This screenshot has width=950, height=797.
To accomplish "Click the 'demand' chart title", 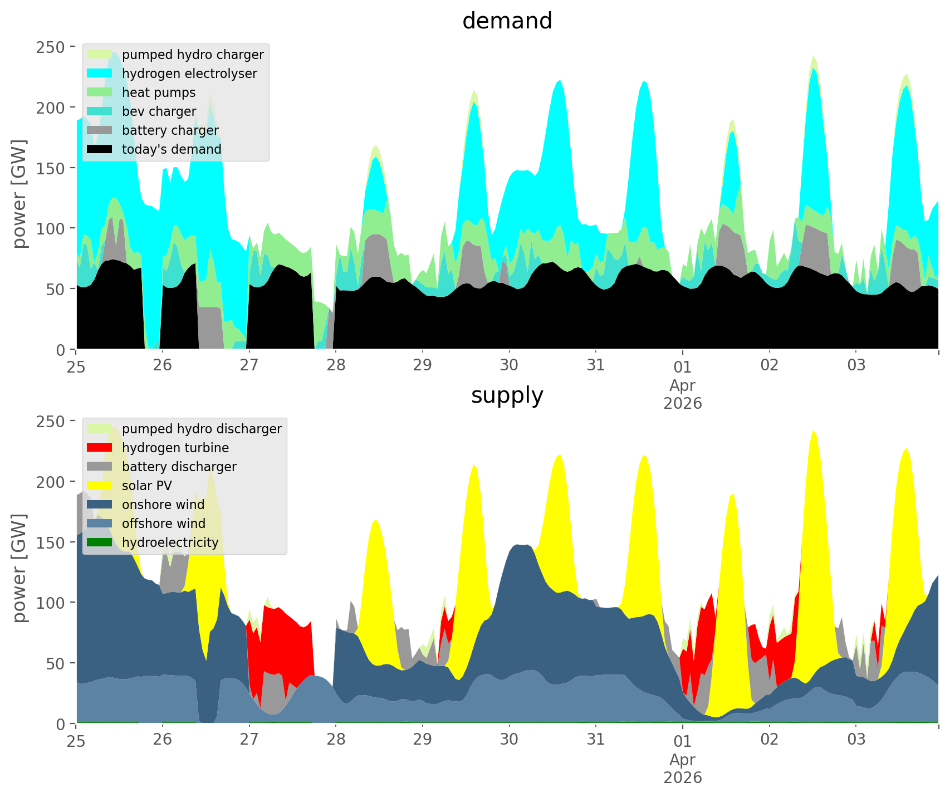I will (x=507, y=21).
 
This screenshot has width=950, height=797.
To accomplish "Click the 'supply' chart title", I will (x=507, y=395).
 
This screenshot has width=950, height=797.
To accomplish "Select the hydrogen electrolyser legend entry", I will (x=189, y=74).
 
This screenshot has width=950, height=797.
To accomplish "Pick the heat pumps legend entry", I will (x=159, y=92).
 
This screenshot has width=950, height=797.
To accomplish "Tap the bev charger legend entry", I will (x=159, y=111).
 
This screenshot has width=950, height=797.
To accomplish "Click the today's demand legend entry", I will (x=172, y=149).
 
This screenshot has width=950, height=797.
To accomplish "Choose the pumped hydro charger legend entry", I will (x=193, y=55).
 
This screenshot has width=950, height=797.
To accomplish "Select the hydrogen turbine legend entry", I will (x=175, y=448).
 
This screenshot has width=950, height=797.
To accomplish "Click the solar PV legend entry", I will (x=147, y=486).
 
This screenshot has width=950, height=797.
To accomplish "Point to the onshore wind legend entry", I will (x=163, y=505).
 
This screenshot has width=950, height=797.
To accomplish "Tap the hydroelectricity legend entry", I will (x=170, y=542).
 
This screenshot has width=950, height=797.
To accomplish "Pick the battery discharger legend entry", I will (x=179, y=467).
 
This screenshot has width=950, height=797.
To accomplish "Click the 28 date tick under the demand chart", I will (x=336, y=365).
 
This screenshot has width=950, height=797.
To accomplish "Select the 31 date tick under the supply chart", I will (x=596, y=740).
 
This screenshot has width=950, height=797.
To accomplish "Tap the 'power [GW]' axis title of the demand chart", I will (x=20, y=194).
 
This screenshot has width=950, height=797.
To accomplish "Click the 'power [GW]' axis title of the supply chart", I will (x=20, y=568).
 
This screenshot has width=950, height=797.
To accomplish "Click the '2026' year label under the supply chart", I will (x=683, y=778).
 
